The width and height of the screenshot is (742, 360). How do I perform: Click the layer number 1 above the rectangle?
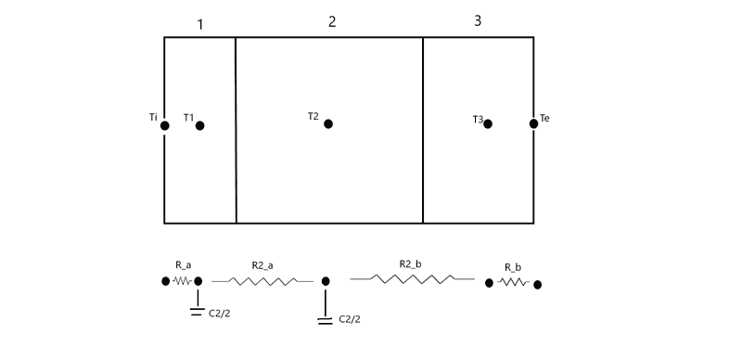[x=200, y=25]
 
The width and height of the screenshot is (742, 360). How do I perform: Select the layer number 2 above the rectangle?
[x=332, y=21]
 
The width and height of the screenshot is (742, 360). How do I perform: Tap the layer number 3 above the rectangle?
[x=478, y=20]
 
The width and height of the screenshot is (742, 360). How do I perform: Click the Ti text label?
[x=153, y=117]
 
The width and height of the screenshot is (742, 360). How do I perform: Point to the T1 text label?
[x=189, y=117]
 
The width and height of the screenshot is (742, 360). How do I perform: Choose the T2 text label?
[x=313, y=116]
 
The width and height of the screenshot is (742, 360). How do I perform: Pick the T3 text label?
[x=478, y=120]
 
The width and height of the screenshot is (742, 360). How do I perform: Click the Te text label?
[x=544, y=118]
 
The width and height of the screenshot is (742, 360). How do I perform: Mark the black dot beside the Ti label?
[x=165, y=125]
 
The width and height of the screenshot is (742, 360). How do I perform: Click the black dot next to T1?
[x=200, y=125]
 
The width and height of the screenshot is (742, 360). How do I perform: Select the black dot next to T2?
[x=328, y=123]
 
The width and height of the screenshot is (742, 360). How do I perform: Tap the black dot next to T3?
[x=488, y=123]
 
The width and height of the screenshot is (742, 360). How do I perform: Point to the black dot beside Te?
[x=534, y=123]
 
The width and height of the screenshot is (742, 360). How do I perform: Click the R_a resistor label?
[x=183, y=265]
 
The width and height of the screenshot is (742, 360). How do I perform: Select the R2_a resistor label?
[x=262, y=265]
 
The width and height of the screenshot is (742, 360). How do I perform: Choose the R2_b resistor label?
[x=410, y=264]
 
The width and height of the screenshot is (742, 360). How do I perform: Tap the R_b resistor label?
[x=513, y=267]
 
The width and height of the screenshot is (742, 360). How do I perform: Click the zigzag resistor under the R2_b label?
[x=412, y=279]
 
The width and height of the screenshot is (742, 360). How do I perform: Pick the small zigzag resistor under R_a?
[x=183, y=281]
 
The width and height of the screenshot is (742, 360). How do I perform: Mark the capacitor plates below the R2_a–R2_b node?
[x=326, y=321]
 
